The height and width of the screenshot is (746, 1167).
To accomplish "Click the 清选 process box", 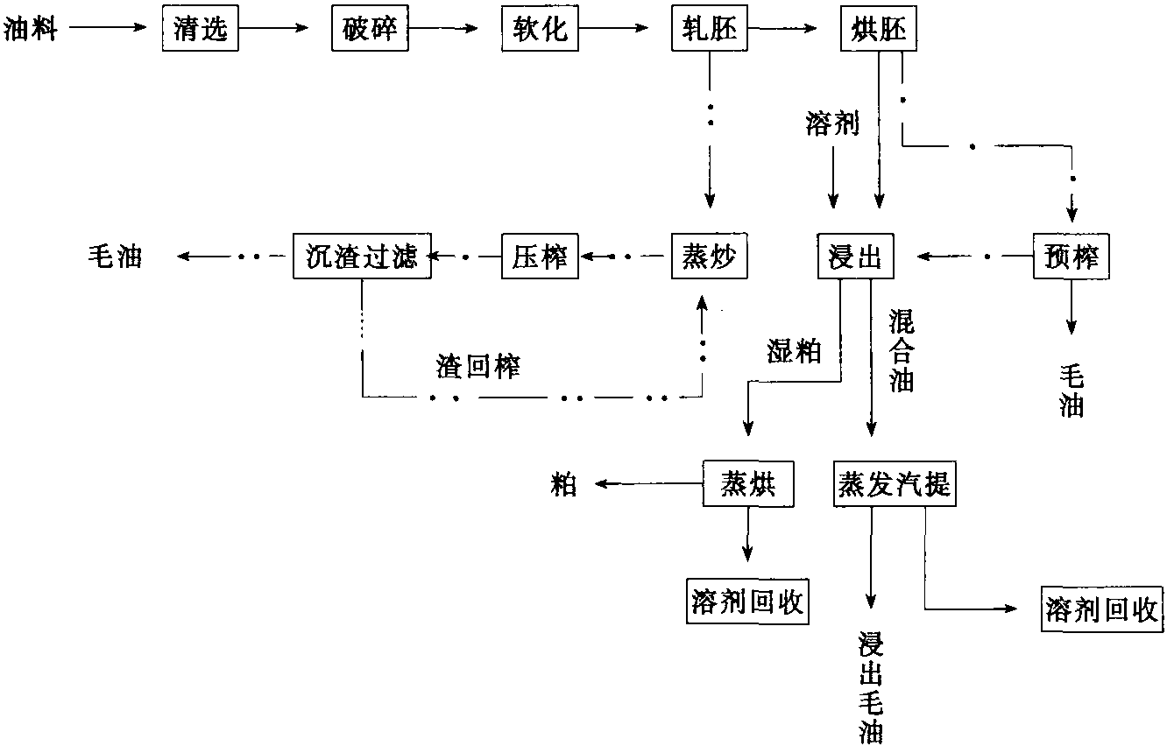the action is [200, 28].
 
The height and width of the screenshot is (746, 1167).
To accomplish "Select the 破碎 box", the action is [370, 28].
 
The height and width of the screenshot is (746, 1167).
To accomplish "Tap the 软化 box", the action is [540, 28].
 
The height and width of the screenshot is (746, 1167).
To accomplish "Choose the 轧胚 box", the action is [709, 28].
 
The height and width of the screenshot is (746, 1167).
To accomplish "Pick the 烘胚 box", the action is [879, 28].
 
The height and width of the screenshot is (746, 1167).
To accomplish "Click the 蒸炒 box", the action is [709, 257].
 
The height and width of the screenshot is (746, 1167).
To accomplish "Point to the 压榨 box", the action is [540, 257].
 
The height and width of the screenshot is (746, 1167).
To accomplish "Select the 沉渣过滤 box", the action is [362, 257].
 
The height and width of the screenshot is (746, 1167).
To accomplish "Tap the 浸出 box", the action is [855, 257].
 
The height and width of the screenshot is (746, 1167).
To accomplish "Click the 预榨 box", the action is [1072, 257].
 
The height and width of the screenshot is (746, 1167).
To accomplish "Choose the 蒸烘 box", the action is [748, 483].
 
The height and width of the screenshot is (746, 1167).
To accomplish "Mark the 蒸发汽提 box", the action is [895, 483].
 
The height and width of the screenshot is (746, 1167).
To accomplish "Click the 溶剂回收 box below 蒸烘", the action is [747, 602].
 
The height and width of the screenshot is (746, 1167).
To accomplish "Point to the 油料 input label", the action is [30, 29].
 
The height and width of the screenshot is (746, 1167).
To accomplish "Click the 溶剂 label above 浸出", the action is [832, 124].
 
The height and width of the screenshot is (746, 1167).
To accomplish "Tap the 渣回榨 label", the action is [478, 367].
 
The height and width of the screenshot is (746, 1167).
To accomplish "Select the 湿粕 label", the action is [794, 351].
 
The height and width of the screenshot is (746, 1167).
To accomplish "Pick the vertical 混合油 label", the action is [902, 350].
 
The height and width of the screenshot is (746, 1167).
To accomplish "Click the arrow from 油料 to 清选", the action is [109, 27].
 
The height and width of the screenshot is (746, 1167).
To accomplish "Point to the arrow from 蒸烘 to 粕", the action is [648, 483].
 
